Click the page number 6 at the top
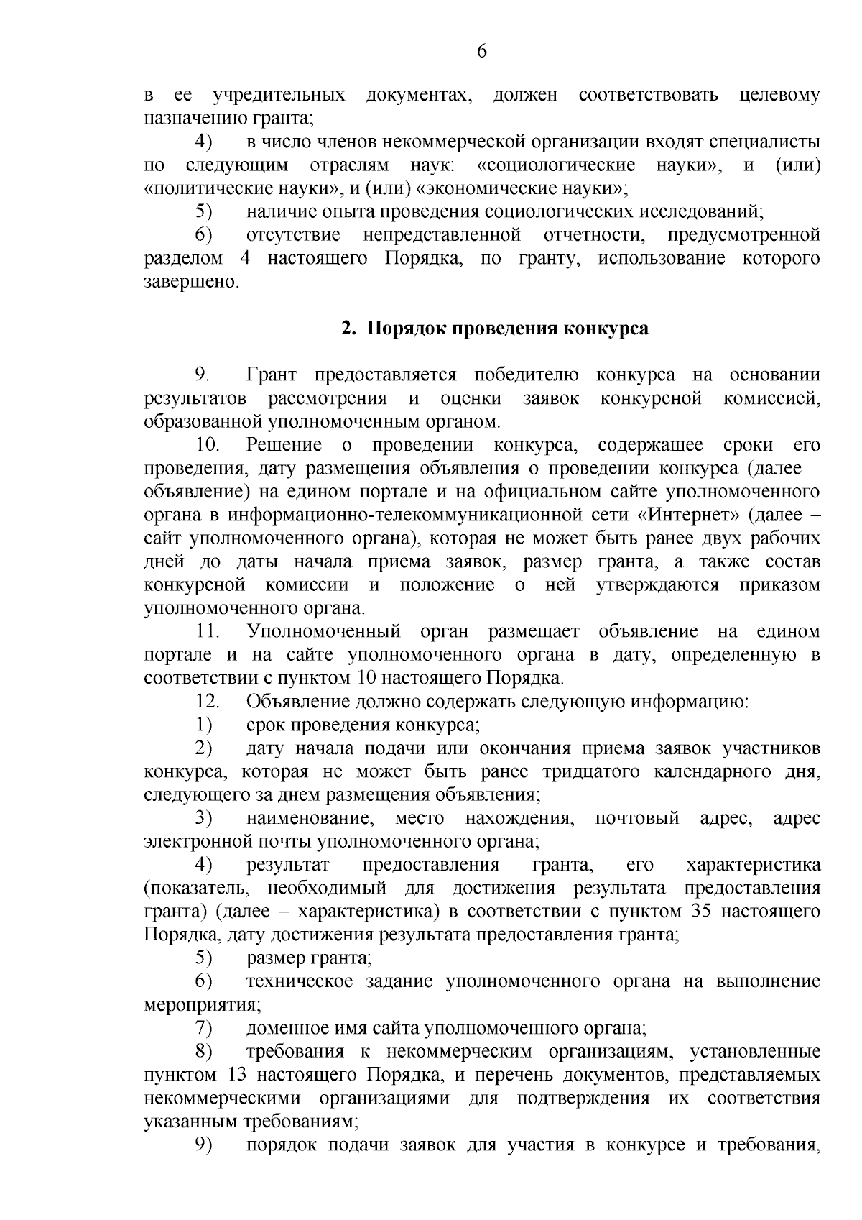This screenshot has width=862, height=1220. pos(481,51)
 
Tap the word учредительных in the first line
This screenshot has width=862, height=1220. pos(279,96)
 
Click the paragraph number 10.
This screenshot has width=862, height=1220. pos(208,445)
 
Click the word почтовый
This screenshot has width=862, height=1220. pos(637,818)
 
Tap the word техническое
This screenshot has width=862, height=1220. pos(300,981)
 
